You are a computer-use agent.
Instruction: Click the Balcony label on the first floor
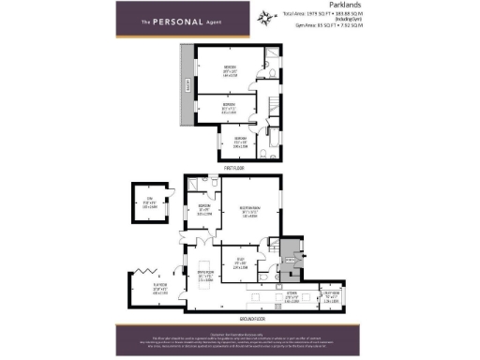[x=188, y=86]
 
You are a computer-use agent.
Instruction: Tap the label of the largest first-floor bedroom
[x=229, y=69]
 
